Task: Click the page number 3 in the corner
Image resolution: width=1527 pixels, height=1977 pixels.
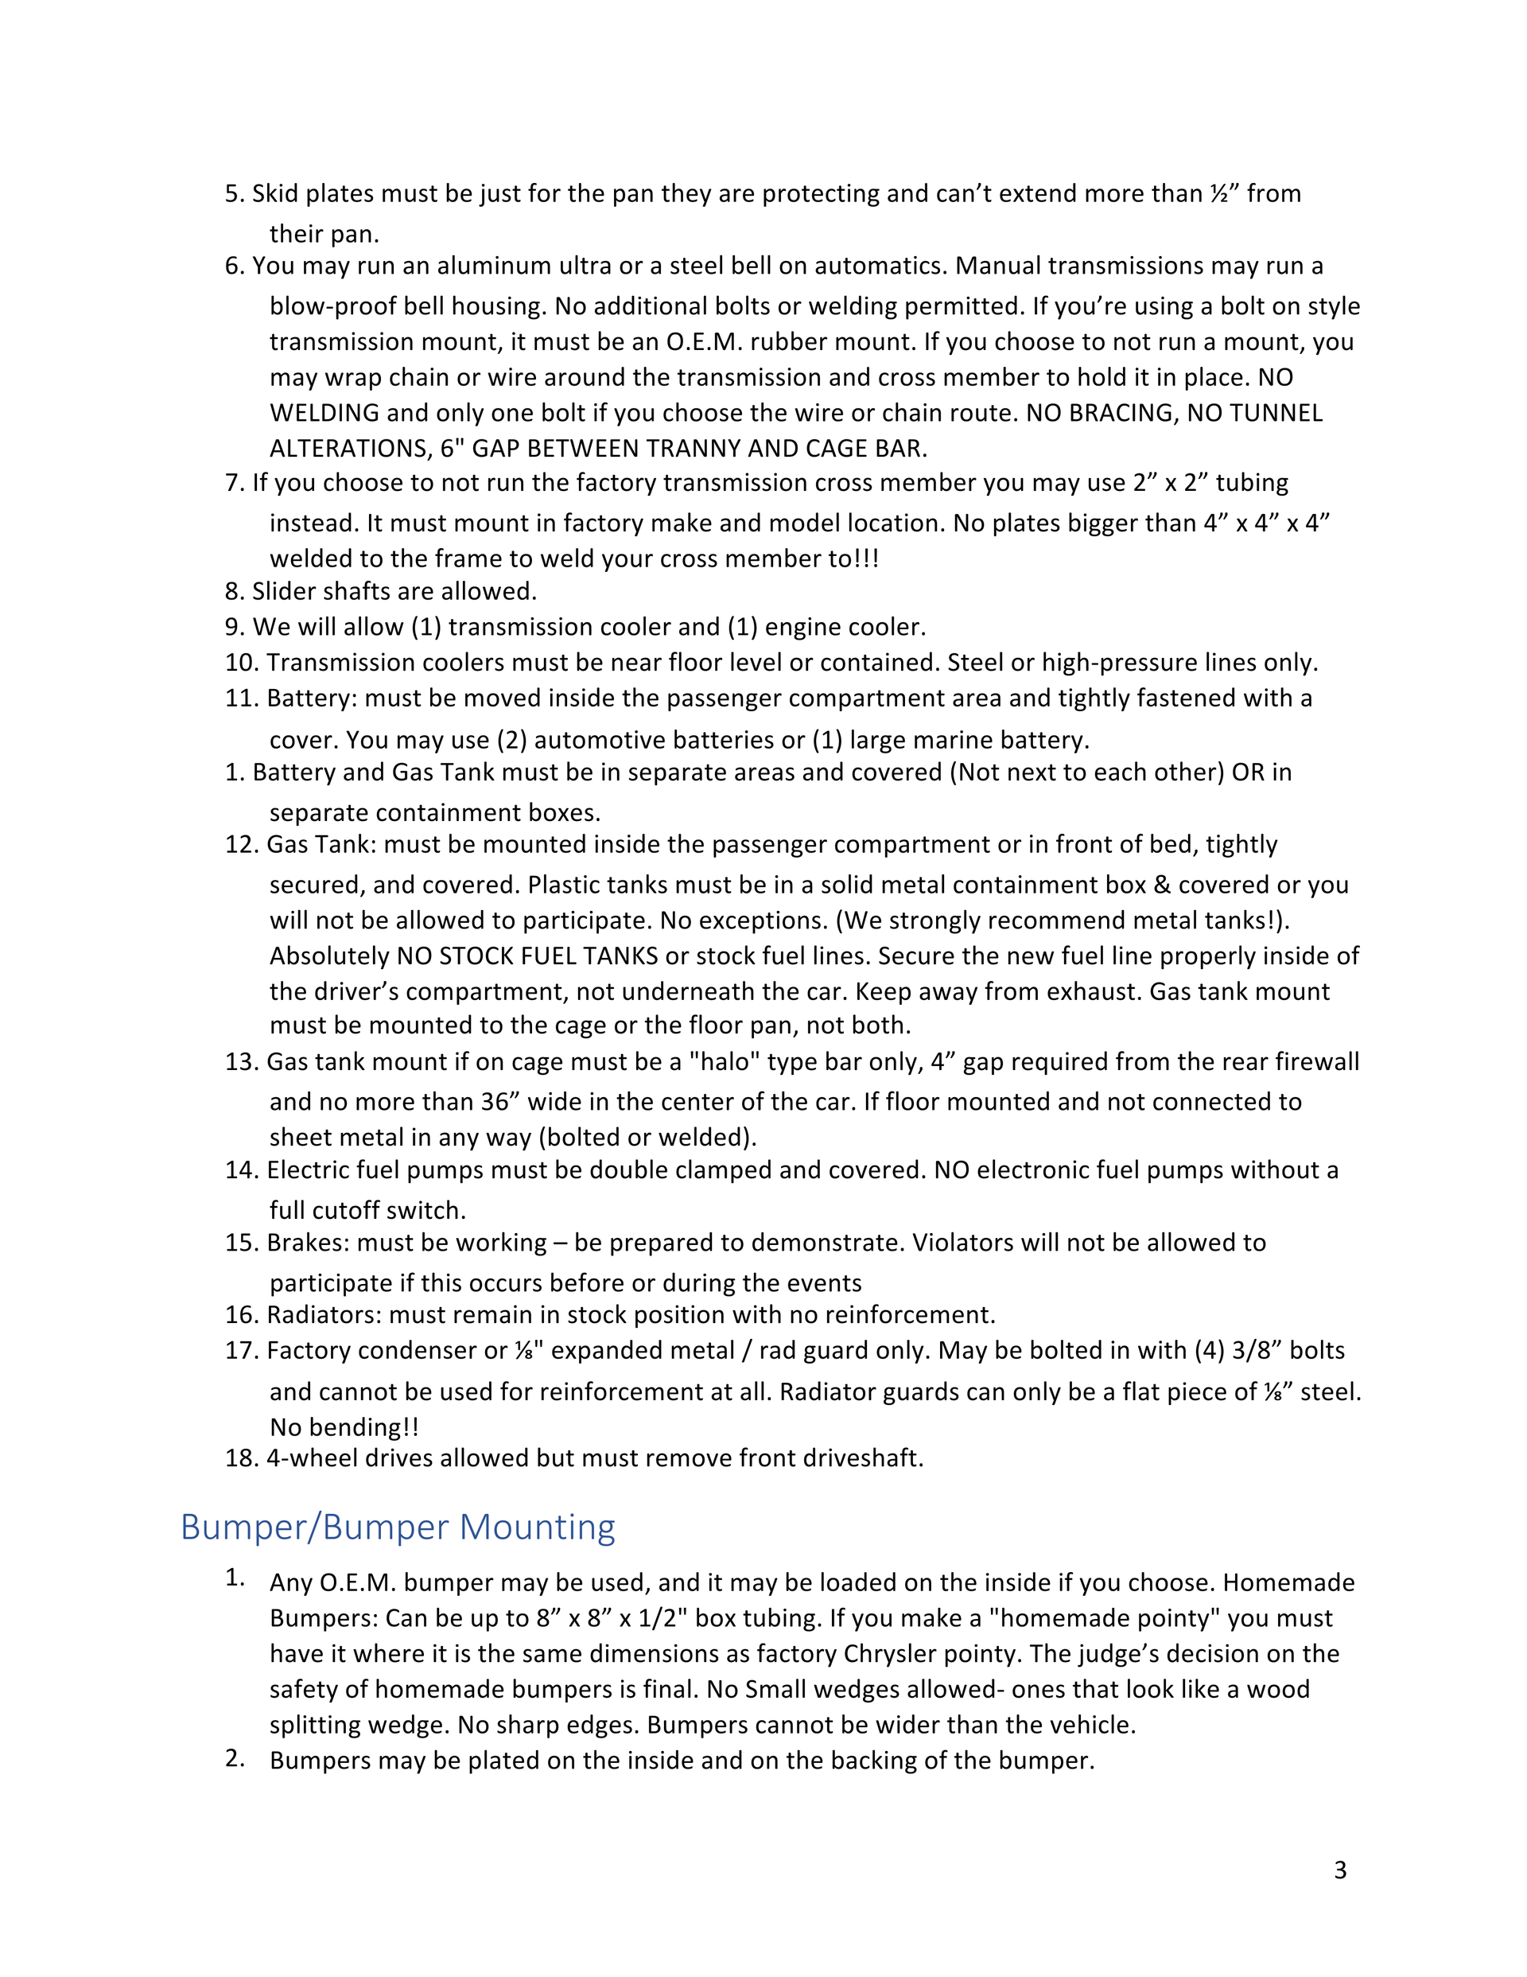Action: [x=1339, y=1870]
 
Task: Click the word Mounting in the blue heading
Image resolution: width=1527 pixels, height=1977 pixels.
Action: [x=537, y=1528]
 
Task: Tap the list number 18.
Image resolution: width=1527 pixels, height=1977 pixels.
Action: [x=242, y=1457]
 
